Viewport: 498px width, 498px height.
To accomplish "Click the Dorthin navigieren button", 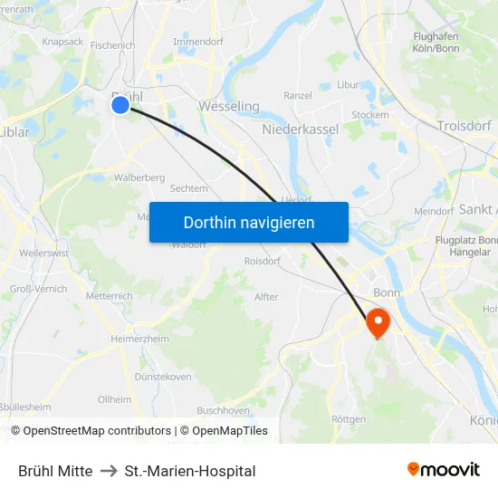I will (248, 222).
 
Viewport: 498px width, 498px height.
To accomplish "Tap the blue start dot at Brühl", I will (120, 106).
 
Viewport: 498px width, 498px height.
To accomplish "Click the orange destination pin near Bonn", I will (377, 322).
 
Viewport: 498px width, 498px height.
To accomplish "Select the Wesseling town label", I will (228, 107).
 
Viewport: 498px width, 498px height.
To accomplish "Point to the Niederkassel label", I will (300, 129).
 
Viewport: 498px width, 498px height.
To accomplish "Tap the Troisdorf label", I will (464, 126).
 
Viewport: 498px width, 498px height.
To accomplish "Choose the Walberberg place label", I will (139, 177).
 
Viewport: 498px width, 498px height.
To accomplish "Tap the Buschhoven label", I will (223, 410).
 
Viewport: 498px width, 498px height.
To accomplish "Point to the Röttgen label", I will (349, 419).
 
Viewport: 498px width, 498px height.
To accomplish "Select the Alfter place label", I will (266, 297).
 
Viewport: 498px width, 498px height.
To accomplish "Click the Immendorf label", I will (197, 42).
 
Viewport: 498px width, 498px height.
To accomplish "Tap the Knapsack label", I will (62, 42).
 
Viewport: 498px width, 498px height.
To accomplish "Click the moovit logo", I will (443, 469).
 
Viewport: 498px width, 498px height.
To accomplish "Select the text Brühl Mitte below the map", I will (55, 471).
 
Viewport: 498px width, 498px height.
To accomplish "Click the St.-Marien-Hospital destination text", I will (190, 471).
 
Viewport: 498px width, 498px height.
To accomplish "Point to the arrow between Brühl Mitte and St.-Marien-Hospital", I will (109, 471).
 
